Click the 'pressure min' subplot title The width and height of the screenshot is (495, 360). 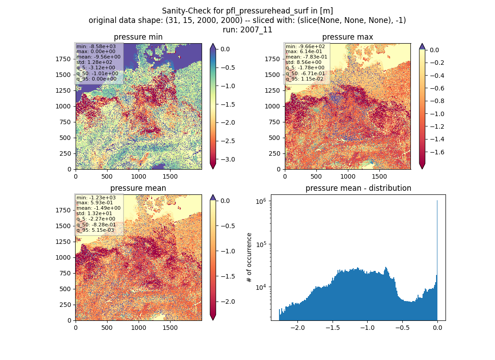click(138, 37)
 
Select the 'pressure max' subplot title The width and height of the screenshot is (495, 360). click(347, 37)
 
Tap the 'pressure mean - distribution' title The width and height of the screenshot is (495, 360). click(358, 188)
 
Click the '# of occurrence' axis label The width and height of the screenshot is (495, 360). click(249, 258)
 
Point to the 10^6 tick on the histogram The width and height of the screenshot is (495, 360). click(262, 201)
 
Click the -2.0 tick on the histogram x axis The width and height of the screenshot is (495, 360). click(297, 328)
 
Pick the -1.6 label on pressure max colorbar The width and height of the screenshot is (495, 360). click(437, 152)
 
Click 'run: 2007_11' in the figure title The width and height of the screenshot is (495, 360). click(247, 30)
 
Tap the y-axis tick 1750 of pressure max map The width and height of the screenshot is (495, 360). click(272, 59)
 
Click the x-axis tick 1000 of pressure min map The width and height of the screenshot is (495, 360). click(139, 176)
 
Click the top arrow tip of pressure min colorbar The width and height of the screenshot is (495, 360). click(213, 44)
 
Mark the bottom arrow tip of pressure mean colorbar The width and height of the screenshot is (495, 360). click(213, 319)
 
